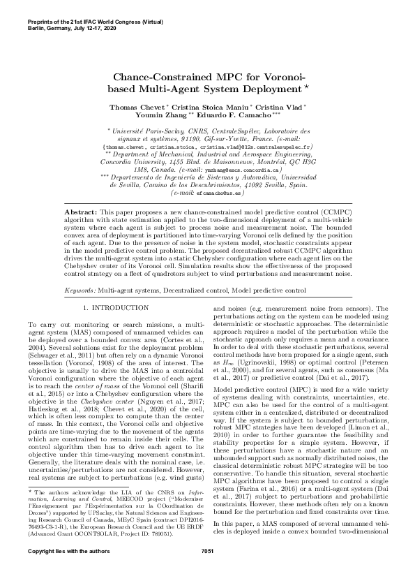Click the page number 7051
pyautogui.click(x=207, y=571)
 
